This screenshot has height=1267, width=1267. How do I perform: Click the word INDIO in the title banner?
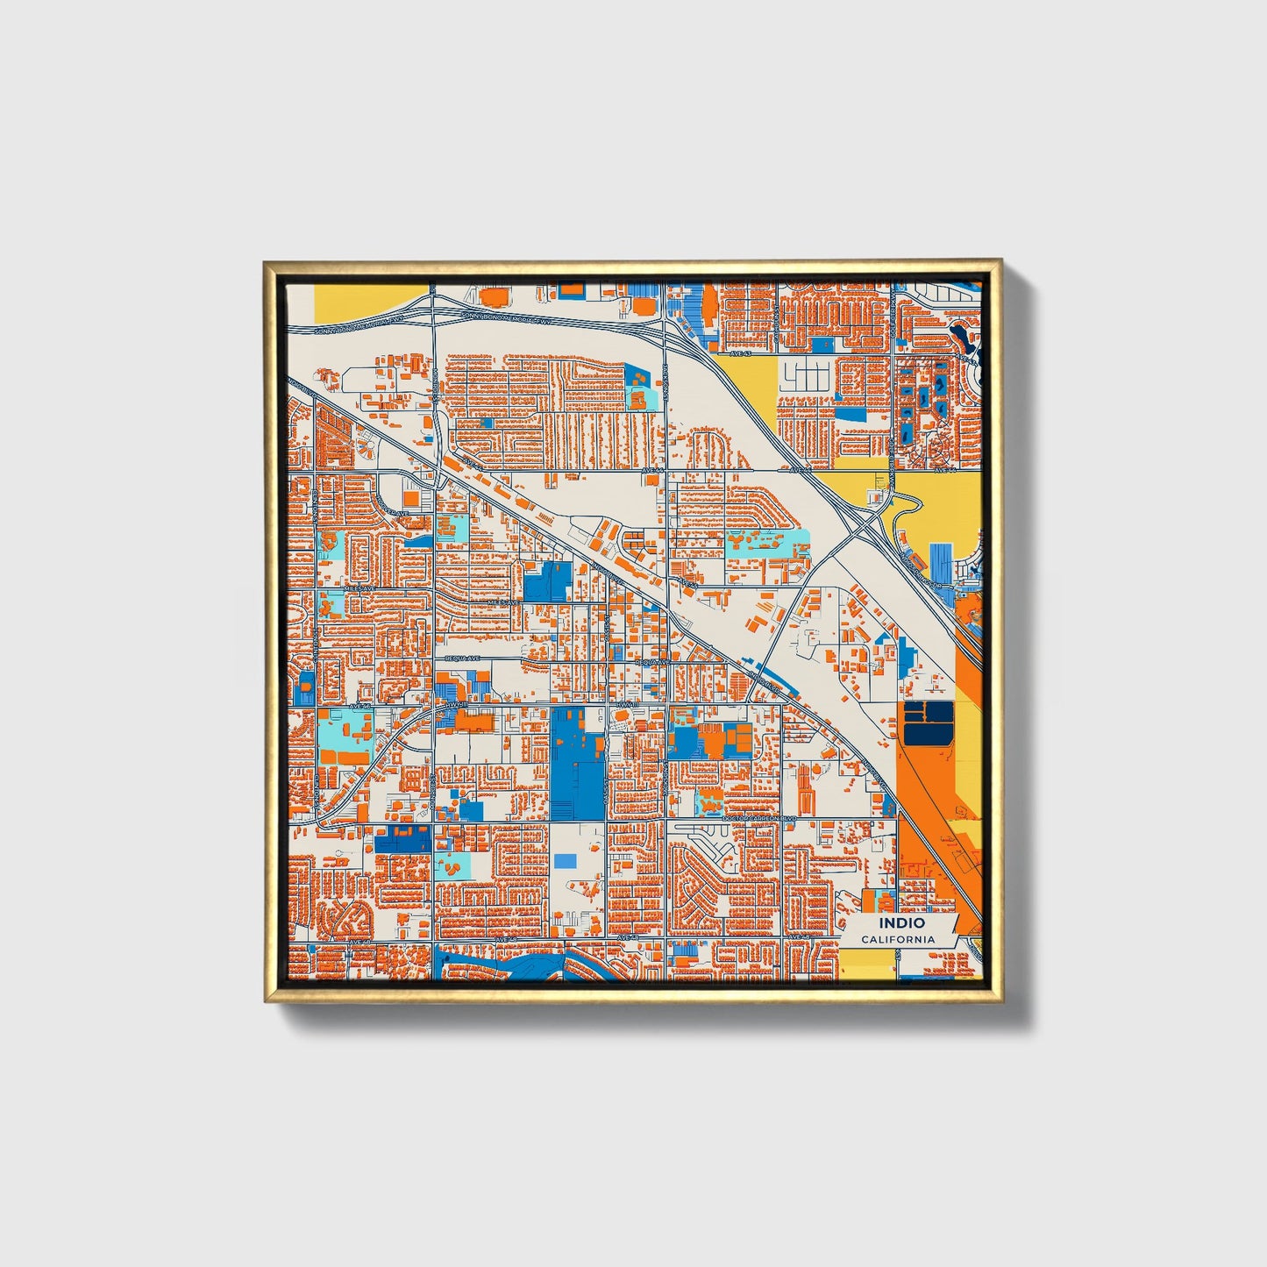[x=902, y=922]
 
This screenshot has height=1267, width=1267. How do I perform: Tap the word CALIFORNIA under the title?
[x=897, y=939]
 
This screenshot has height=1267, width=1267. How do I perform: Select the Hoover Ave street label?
[x=394, y=513]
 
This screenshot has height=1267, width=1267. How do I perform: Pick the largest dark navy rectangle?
[x=928, y=722]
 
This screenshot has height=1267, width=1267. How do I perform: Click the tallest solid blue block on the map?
[x=577, y=762]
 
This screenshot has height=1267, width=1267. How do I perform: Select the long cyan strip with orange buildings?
[x=766, y=543]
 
